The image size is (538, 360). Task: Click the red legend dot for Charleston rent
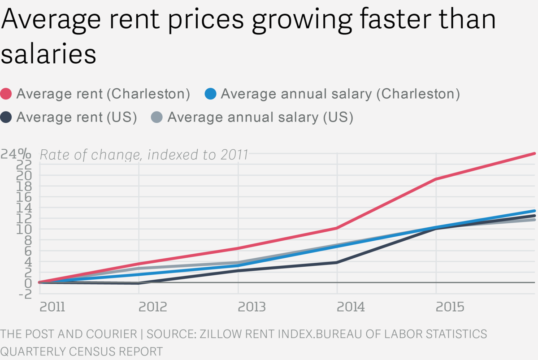click(x=7, y=94)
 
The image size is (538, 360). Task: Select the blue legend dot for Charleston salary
click(x=210, y=94)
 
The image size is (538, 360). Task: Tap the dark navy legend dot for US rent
click(x=7, y=117)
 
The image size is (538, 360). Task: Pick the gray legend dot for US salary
click(x=157, y=117)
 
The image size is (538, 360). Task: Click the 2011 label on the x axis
click(x=52, y=307)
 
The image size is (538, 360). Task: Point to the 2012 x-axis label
click(x=153, y=307)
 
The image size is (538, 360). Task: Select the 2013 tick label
click(x=252, y=307)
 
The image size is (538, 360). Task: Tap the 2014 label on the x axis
click(x=351, y=307)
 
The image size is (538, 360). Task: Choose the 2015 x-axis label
click(x=450, y=307)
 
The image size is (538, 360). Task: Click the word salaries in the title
click(x=48, y=54)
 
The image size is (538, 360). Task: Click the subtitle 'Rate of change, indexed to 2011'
click(x=144, y=155)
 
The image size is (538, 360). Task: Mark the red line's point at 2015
click(x=436, y=179)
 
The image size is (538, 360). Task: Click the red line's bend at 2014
click(x=337, y=228)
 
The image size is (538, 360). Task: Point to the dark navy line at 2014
click(x=337, y=262)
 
